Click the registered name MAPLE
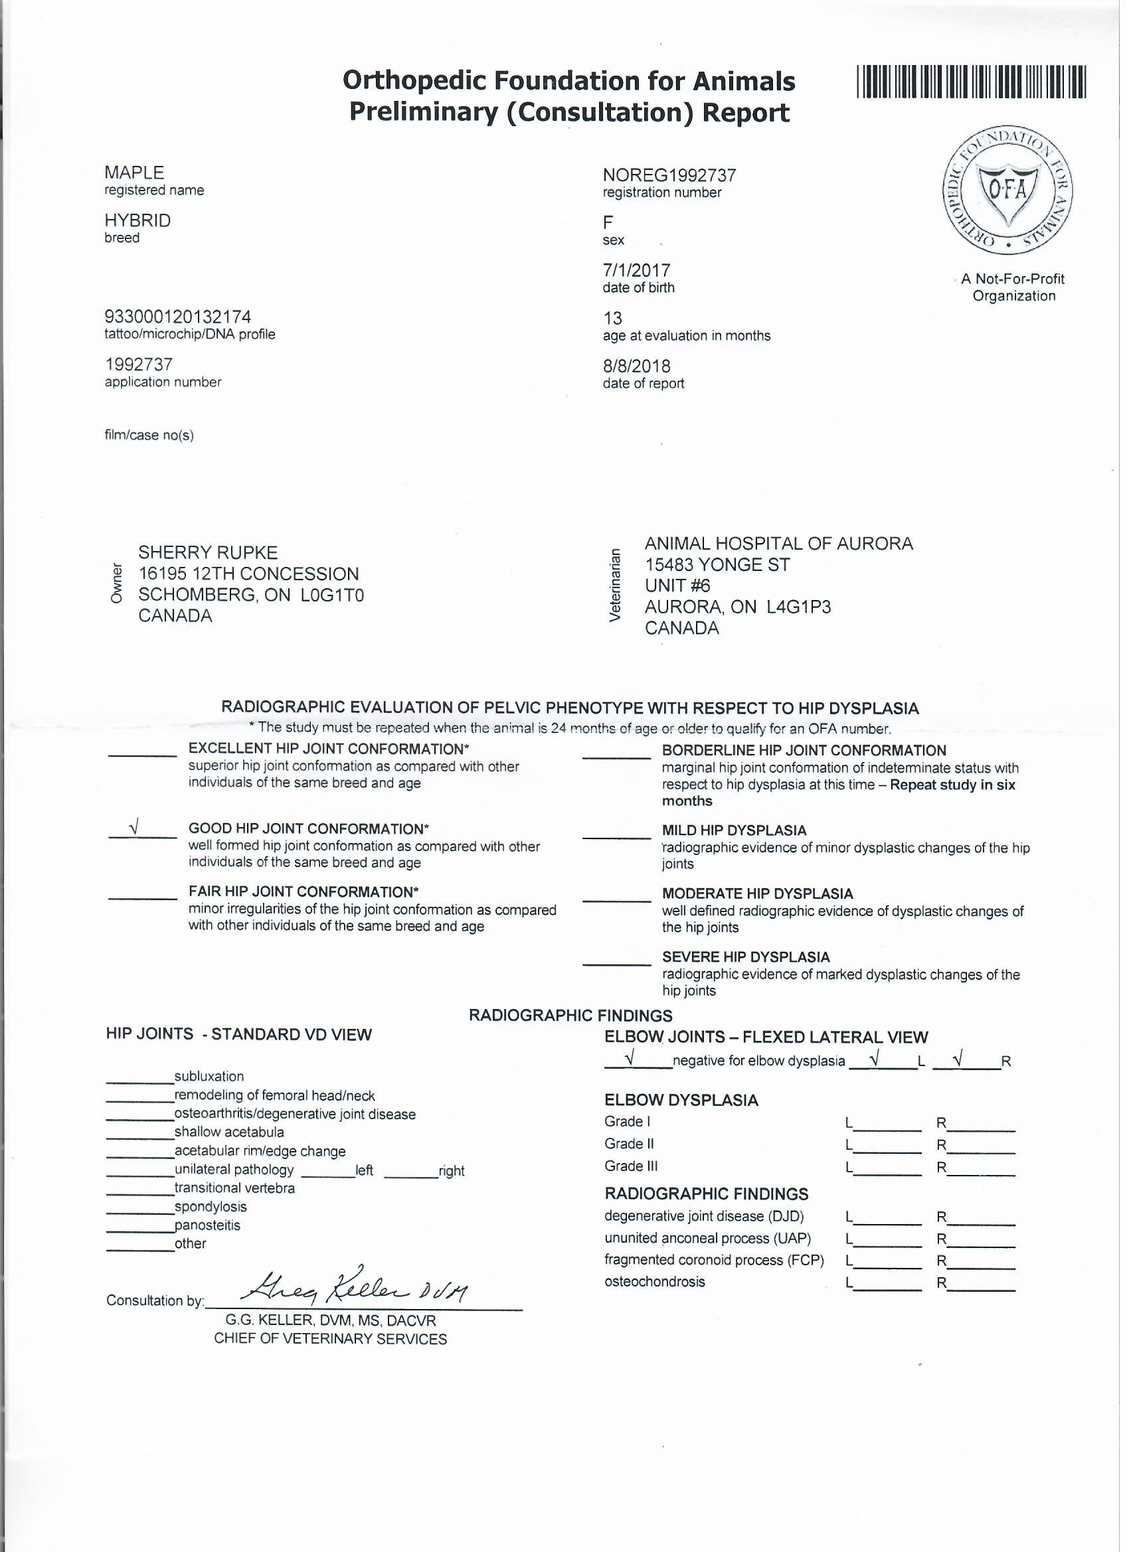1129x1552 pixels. tap(135, 173)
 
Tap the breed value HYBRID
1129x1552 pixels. tap(138, 221)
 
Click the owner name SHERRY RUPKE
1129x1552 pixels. tap(209, 553)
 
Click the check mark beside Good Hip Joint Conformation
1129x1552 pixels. tap(135, 828)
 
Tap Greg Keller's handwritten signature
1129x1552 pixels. tap(357, 1290)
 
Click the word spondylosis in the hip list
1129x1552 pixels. tap(212, 1207)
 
